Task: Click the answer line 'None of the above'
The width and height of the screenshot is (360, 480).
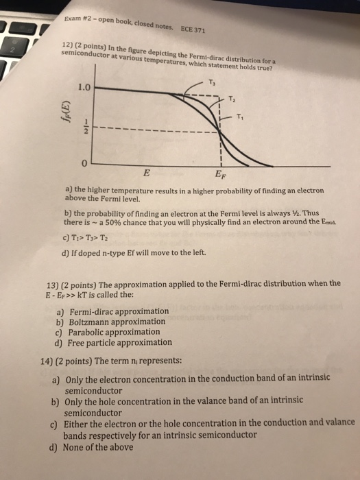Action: [x=97, y=448]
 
